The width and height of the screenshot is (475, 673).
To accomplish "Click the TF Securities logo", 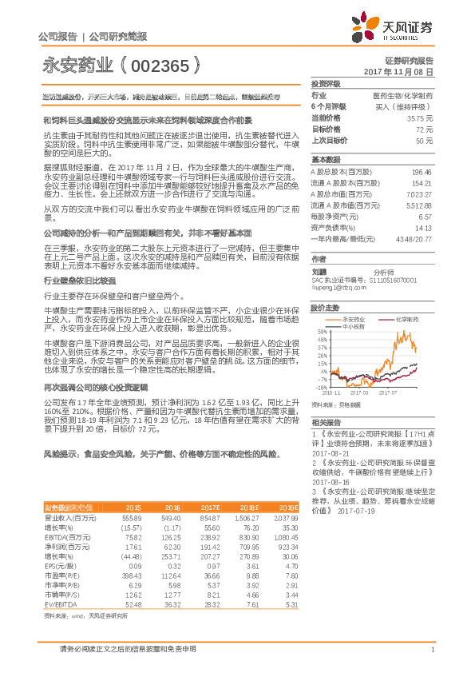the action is point(400,30).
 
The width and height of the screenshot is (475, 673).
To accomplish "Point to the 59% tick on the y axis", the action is point(322,331).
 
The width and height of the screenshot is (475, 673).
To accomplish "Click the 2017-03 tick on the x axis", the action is point(357,392).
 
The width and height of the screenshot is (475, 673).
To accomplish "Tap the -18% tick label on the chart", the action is point(322,387).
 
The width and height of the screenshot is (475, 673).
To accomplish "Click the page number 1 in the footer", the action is point(432,649).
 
